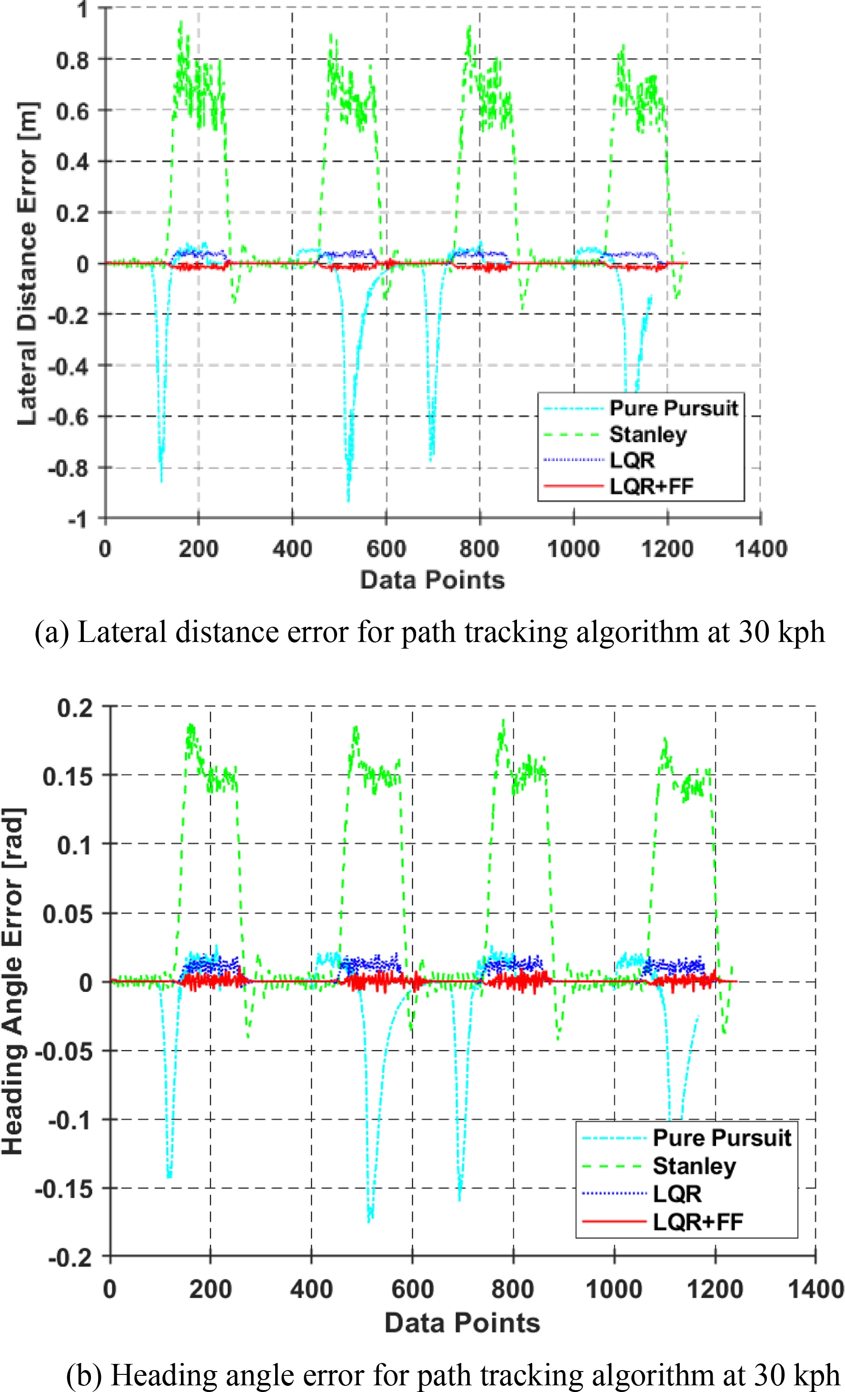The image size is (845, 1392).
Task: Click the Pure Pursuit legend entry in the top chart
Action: [673, 408]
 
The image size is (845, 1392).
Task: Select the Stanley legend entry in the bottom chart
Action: [694, 1166]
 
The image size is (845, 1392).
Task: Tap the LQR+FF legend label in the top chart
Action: [651, 486]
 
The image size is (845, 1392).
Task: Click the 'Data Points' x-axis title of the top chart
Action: [432, 580]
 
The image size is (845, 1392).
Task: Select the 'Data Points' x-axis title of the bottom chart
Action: [462, 1323]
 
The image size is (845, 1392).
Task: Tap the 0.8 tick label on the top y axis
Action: [72, 60]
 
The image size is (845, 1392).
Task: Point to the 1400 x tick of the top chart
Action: [760, 549]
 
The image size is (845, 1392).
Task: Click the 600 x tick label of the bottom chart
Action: [412, 1290]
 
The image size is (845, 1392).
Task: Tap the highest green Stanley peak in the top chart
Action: [181, 22]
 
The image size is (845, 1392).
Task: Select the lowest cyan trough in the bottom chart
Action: [369, 1220]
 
